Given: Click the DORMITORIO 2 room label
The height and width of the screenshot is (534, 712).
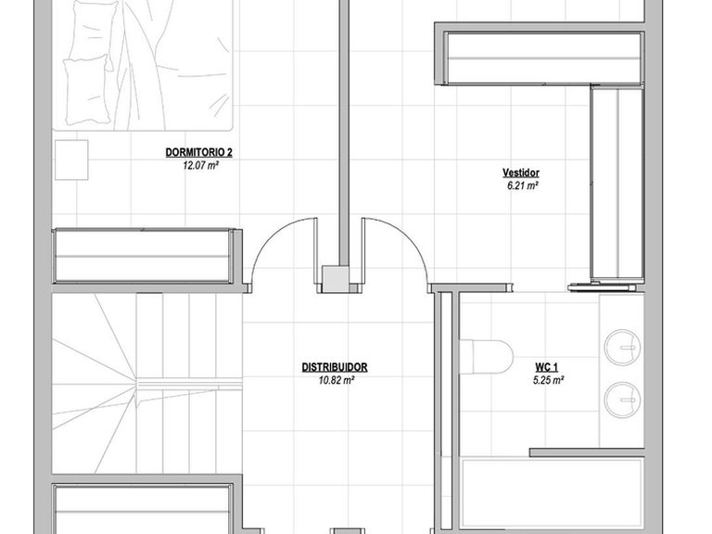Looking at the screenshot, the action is coord(199,152).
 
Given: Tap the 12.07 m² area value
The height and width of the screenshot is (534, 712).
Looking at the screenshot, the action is coord(200,165).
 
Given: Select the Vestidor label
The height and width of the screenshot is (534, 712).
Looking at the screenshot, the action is coord(521,172).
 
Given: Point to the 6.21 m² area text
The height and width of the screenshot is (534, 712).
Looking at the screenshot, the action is coord(522,185).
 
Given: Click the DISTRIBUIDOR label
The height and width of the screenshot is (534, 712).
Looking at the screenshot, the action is coord(335,367).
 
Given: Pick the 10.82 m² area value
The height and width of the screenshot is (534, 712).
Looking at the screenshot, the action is coord(337,380).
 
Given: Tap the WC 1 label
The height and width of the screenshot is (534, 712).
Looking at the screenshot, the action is coord(547,367).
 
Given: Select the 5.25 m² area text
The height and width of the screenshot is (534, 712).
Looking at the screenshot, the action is coord(549,380).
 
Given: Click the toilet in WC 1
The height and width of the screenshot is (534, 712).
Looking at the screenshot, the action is coord(487,356).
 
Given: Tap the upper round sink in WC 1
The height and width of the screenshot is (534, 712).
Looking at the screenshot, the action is coord(623,348).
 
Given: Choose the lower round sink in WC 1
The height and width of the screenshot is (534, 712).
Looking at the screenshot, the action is coord(623,400).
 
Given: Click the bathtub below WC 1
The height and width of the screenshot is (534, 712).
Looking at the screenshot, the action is coord(552,495).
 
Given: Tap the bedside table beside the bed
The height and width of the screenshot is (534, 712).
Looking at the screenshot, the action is coord(71,159).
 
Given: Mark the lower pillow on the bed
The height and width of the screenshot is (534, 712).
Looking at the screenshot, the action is coord(87,90).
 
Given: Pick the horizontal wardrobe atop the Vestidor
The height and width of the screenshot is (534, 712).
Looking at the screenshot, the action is coord(543,58).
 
